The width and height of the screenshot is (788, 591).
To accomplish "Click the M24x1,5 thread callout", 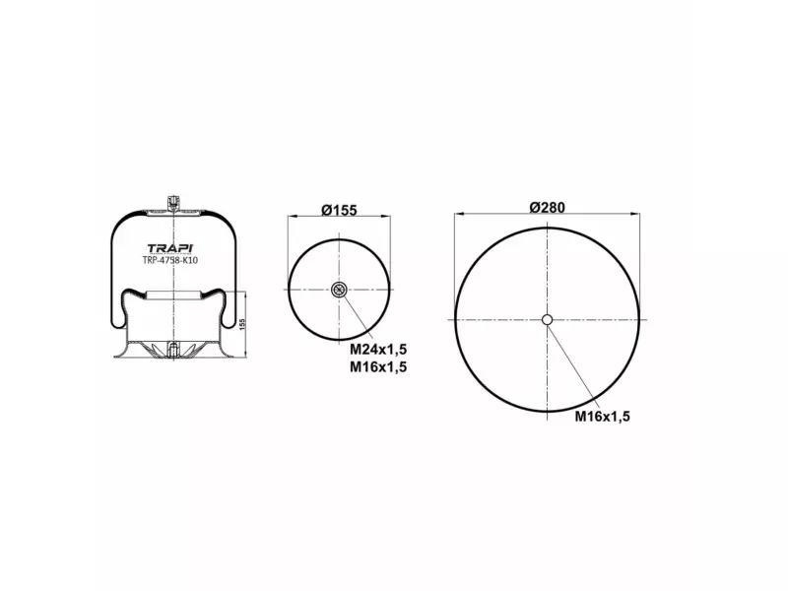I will click(x=378, y=349).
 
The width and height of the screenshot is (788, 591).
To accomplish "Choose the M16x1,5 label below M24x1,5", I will click(x=378, y=366).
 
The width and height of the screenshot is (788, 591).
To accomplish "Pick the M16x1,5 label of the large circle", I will click(x=602, y=416).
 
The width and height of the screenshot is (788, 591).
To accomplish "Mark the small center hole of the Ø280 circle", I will click(x=548, y=318).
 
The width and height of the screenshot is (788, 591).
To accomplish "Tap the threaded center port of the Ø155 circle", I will click(x=339, y=289).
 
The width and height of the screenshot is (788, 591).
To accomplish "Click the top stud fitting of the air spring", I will click(x=172, y=204).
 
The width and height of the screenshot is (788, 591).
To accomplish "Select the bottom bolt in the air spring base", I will click(x=172, y=350).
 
